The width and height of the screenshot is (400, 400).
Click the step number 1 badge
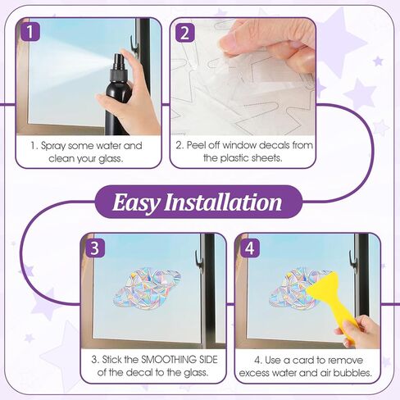(30, 32)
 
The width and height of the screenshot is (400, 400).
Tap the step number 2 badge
(185, 33)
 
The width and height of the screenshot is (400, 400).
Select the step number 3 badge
(95, 248)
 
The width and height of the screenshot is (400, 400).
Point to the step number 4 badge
(250, 248)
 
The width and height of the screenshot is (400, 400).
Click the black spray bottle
(118, 94)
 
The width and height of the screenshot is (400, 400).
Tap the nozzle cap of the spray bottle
(119, 62)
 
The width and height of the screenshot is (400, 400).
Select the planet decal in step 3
(147, 289)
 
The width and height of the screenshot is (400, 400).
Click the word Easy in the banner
(136, 202)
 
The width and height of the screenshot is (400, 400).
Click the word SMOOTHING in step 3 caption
(169, 360)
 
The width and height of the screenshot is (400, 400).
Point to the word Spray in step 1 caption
(53, 146)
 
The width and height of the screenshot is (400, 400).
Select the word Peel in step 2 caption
(196, 145)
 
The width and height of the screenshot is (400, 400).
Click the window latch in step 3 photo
(199, 260)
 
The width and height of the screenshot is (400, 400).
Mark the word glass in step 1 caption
(111, 159)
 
